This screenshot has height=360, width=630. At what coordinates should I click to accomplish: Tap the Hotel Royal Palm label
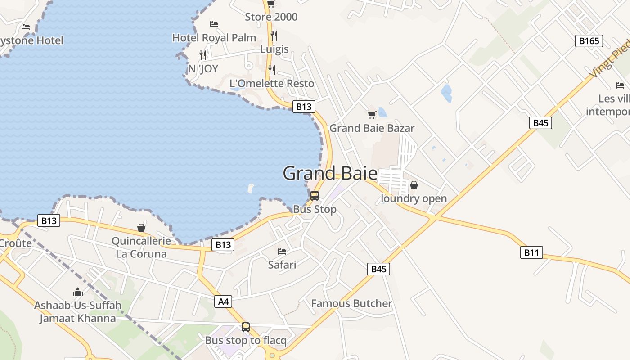coord(214,38)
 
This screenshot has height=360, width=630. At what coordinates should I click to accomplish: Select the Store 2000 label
coord(271,17)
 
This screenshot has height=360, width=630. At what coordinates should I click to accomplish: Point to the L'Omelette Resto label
coord(272,83)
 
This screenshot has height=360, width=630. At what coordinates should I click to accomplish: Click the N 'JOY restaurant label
coord(203,69)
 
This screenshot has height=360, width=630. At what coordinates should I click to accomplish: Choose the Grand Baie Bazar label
coord(372,128)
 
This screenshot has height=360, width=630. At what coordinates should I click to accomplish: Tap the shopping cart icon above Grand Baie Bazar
coord(372,115)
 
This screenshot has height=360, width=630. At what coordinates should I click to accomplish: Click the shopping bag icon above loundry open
coord(414,185)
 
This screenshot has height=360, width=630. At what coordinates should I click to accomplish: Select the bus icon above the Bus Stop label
coord(315,196)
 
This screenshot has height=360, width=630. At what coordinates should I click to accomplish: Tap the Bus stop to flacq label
coord(246,340)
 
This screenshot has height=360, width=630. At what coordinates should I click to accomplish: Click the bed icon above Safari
coord(282,251)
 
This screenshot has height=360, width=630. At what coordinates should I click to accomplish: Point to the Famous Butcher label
coord(351,304)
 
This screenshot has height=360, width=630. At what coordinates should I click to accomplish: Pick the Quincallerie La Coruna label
coord(141,247)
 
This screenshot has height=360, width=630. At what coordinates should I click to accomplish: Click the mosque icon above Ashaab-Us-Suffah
coord(78,292)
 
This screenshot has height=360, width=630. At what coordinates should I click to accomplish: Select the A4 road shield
coord(224,301)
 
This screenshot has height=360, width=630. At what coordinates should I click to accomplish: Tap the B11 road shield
coord(531,252)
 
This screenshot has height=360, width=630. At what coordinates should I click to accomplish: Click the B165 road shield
coord(589,41)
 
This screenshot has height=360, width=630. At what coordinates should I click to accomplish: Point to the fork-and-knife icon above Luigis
coord(274,36)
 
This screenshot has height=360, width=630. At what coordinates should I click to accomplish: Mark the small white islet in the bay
coord(251,189)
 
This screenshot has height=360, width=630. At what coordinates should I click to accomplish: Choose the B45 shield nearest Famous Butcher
coord(378,269)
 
